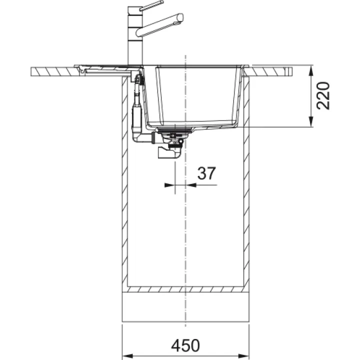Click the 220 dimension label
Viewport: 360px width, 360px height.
[x=323, y=95]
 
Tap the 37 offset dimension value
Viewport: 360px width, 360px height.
[x=206, y=173]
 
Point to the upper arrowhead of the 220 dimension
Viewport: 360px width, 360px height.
[x=310, y=70]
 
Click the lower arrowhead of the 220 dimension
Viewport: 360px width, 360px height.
[x=310, y=121]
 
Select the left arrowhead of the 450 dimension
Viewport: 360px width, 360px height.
[x=127, y=356]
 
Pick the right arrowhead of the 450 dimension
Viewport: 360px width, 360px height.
[x=244, y=356]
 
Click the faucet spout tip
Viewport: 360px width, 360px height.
[x=180, y=17]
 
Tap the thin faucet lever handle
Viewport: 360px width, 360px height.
[x=152, y=5]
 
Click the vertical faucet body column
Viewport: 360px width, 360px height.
[x=135, y=36]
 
